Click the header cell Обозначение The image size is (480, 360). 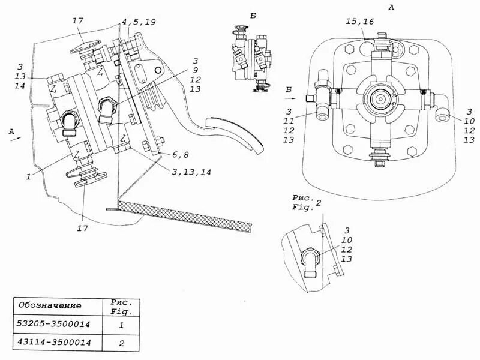coord(49,305)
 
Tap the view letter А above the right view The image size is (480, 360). coord(391,7)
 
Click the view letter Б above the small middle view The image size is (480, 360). coord(253,16)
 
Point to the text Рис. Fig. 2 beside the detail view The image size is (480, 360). coord(306,203)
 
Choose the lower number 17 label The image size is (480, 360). coord(82,229)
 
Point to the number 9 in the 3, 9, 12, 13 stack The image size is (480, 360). coord(196,70)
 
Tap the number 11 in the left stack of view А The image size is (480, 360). coord(289,121)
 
